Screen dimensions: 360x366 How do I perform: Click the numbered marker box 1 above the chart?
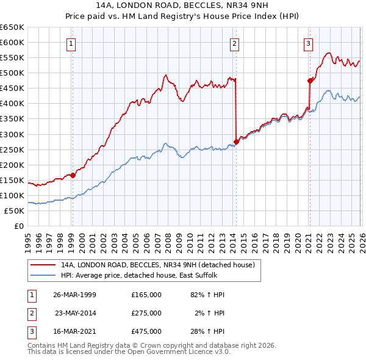[72, 43]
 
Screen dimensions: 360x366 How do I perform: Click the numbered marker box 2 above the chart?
[234, 43]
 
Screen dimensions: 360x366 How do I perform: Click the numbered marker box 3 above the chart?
[309, 43]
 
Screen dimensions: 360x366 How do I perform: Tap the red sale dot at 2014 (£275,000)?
[236, 142]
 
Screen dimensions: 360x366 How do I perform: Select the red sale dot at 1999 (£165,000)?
[73, 175]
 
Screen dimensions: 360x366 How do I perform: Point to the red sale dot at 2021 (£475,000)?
[310, 81]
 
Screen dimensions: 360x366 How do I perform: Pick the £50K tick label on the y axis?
[14, 211]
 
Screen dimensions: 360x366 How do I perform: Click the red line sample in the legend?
[42, 265]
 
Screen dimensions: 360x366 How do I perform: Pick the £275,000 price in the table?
[146, 313]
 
